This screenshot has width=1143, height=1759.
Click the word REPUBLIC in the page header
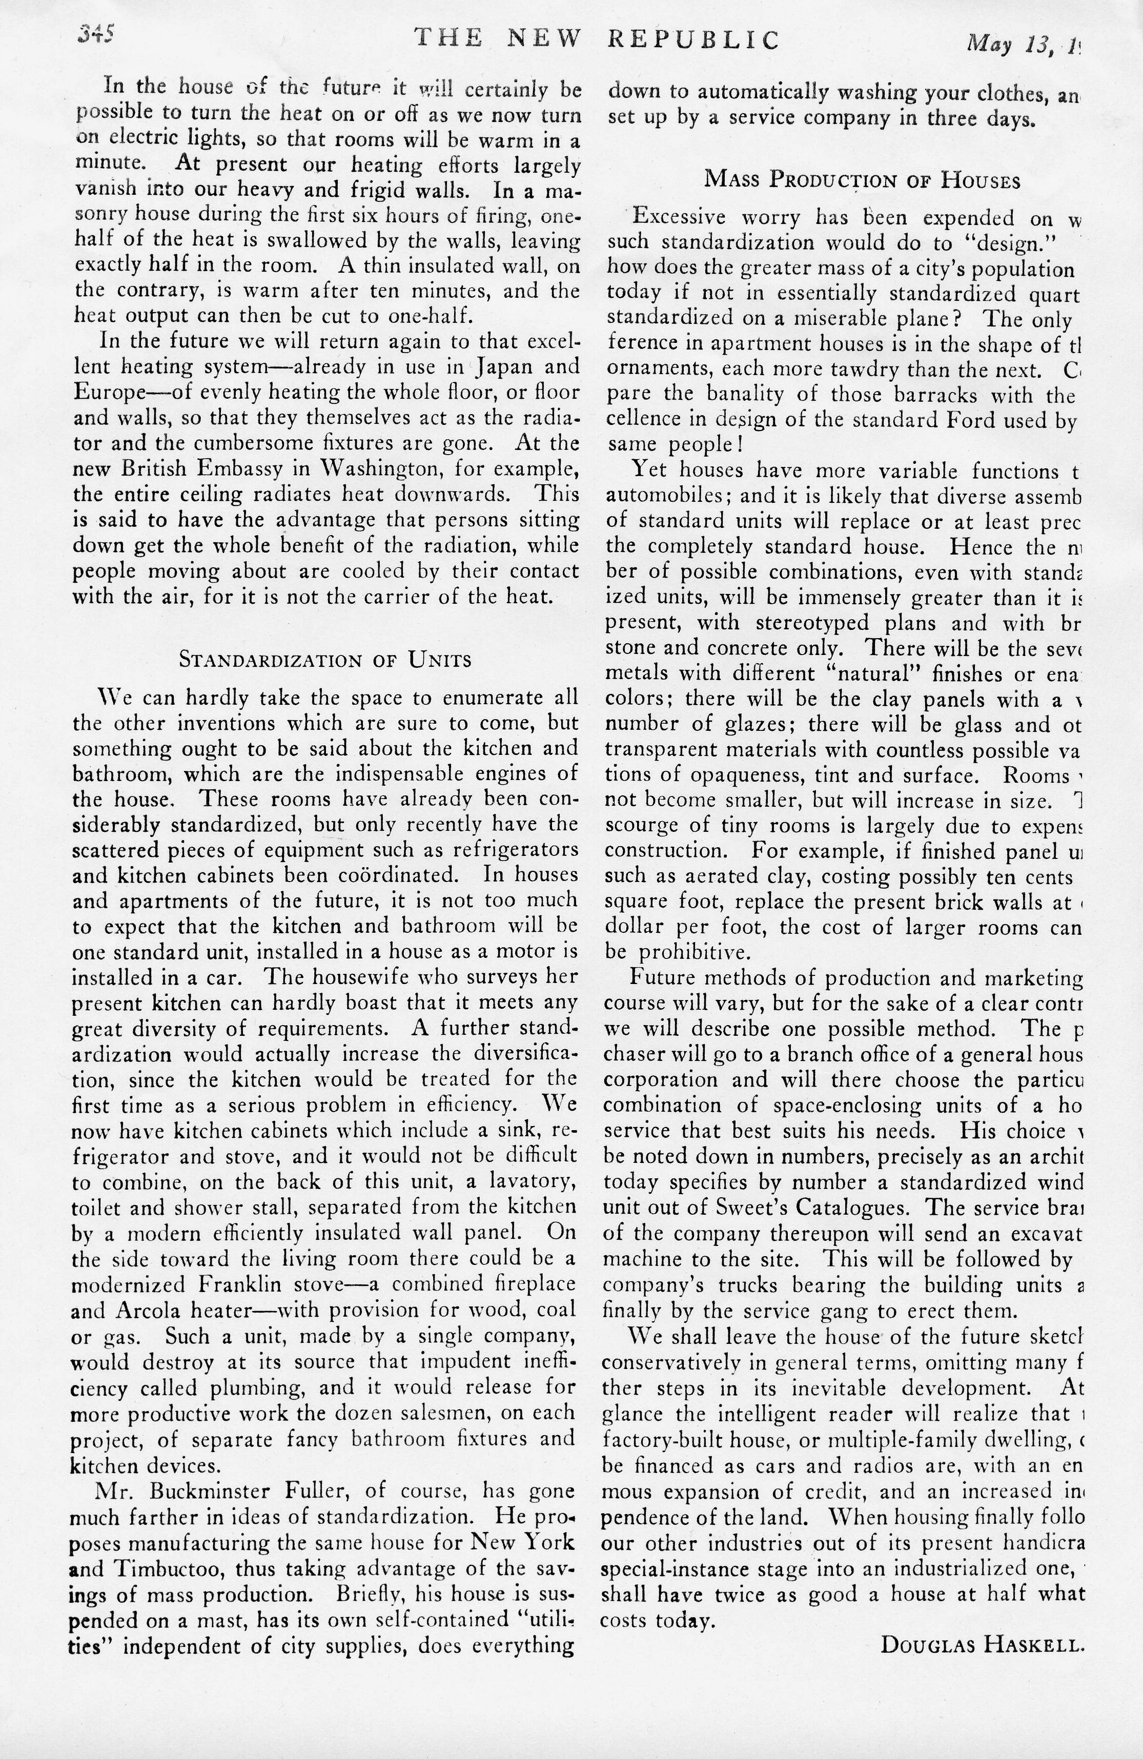(x=693, y=40)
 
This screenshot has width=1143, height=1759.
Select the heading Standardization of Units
(x=325, y=659)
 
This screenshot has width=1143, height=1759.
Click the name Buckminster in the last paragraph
(x=206, y=1491)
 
